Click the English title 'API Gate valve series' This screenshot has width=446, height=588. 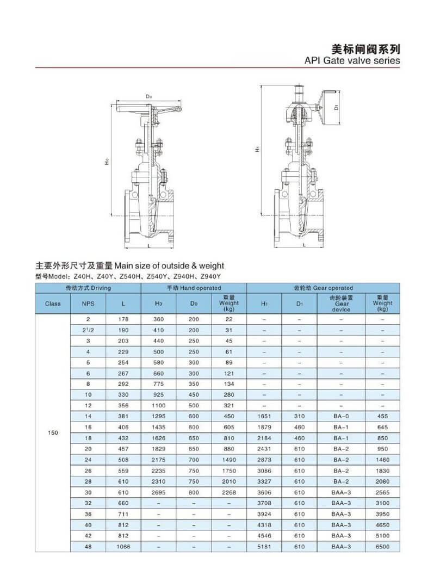(x=352, y=60)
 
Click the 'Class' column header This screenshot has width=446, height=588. (x=53, y=304)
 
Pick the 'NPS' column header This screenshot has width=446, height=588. (x=88, y=304)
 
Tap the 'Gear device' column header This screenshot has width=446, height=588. (x=342, y=304)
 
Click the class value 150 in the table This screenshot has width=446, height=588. (x=53, y=432)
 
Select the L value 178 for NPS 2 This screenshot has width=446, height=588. (x=123, y=319)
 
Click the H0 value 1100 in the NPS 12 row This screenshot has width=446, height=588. (x=158, y=405)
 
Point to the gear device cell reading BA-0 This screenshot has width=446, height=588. (x=342, y=416)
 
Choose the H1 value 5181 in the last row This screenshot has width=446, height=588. (x=264, y=546)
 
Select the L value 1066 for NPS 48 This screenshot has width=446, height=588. (x=123, y=546)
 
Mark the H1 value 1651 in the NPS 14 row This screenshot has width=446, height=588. (x=264, y=416)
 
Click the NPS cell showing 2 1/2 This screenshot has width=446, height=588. (x=88, y=330)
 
